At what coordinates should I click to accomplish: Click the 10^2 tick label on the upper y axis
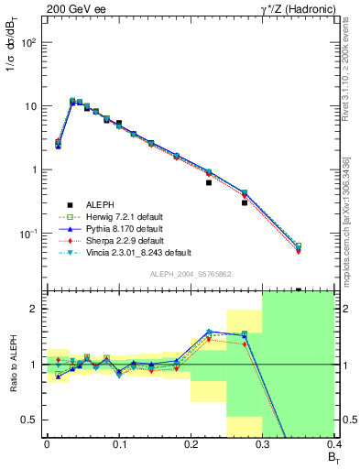point(29,43)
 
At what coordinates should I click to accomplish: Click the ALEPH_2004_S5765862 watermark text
point(190,275)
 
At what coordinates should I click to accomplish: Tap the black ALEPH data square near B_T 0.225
point(209,182)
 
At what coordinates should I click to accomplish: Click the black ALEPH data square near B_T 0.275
point(245,202)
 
